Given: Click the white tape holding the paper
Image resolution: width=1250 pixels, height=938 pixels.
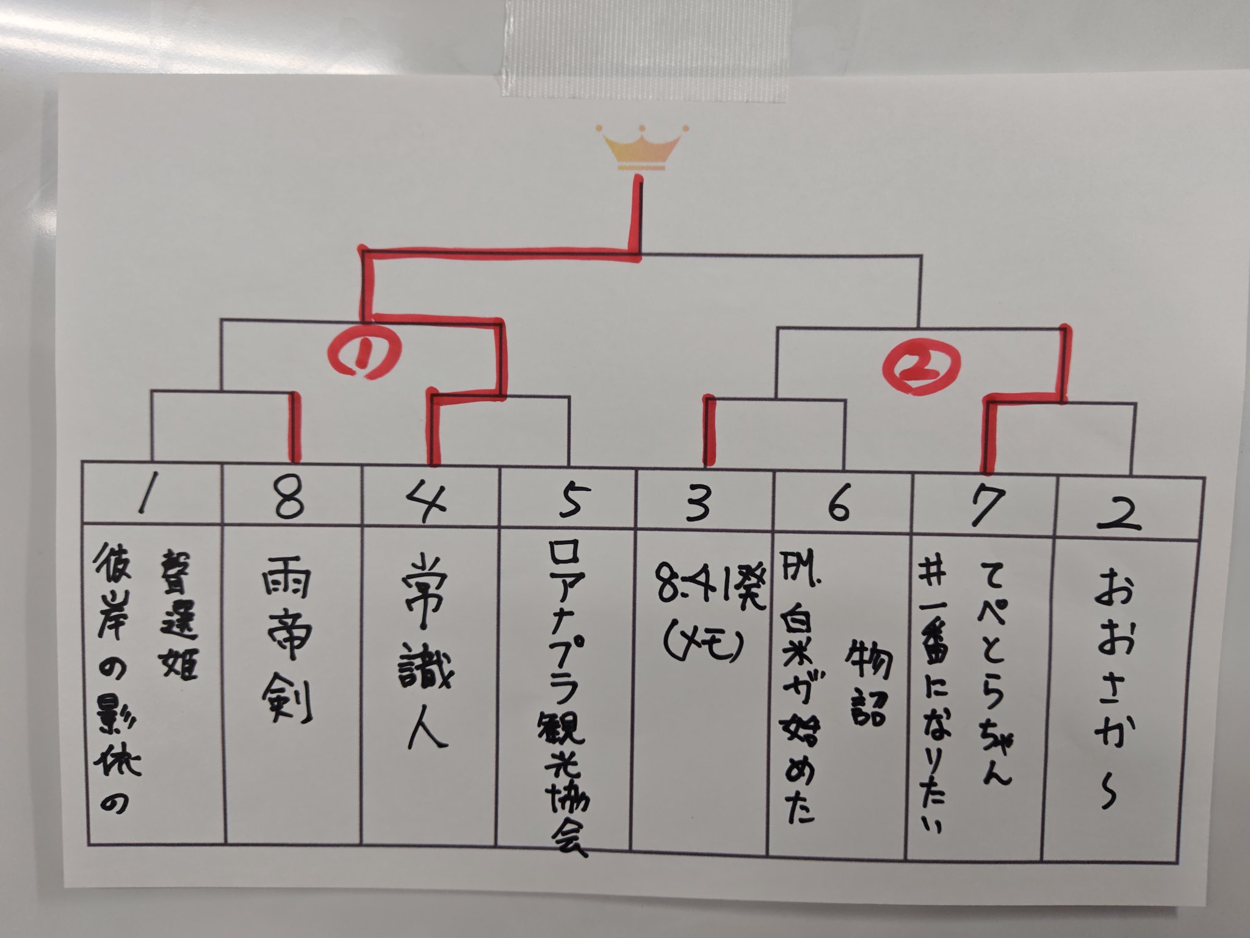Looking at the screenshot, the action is point(641,49).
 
